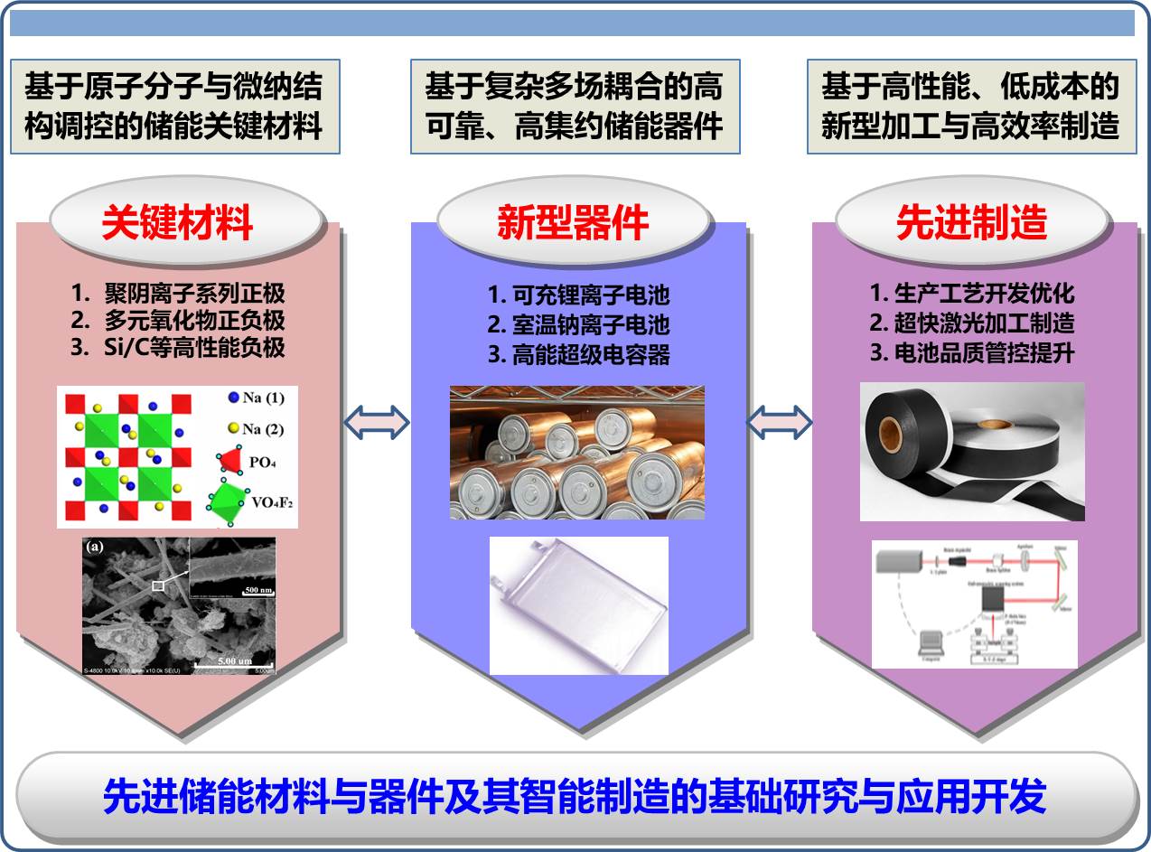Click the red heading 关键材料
tap(177, 222)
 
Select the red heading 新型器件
tap(574, 222)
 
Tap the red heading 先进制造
tap(971, 222)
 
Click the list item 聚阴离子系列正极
tap(177, 294)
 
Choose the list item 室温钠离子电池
tap(578, 323)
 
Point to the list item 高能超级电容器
tap(578, 354)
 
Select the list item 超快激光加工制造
tap(971, 323)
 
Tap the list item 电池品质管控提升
tap(971, 352)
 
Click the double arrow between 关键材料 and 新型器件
tap(378, 420)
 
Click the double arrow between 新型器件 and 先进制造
tap(779, 420)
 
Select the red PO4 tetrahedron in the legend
tap(230, 461)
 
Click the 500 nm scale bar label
tap(257, 590)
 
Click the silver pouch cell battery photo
tap(578, 605)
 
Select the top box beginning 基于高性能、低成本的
tap(969, 107)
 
